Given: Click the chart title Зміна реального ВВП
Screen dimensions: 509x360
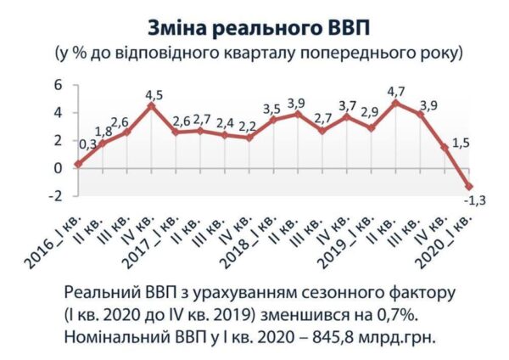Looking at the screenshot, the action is pyautogui.click(x=259, y=29).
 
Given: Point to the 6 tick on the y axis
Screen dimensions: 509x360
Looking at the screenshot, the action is pyautogui.click(x=58, y=85).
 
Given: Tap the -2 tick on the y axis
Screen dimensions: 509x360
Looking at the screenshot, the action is pyautogui.click(x=55, y=196).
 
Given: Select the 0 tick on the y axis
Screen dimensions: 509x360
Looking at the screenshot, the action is pyautogui.click(x=58, y=168).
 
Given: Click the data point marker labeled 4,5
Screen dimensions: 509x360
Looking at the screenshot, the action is pyautogui.click(x=151, y=106).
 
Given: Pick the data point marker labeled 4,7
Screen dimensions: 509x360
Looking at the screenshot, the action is pyautogui.click(x=395, y=103).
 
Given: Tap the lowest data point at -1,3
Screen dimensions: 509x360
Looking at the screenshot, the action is pyautogui.click(x=469, y=187).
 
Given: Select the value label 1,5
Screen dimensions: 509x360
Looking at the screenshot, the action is pyautogui.click(x=461, y=143).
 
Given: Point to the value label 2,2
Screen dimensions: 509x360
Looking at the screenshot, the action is pyautogui.click(x=248, y=127).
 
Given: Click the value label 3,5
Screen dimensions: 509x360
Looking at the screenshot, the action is pyautogui.click(x=271, y=110).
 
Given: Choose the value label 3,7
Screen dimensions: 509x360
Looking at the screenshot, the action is pyautogui.click(x=348, y=106).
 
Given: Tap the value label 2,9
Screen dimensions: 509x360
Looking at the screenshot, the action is pyautogui.click(x=370, y=112).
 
